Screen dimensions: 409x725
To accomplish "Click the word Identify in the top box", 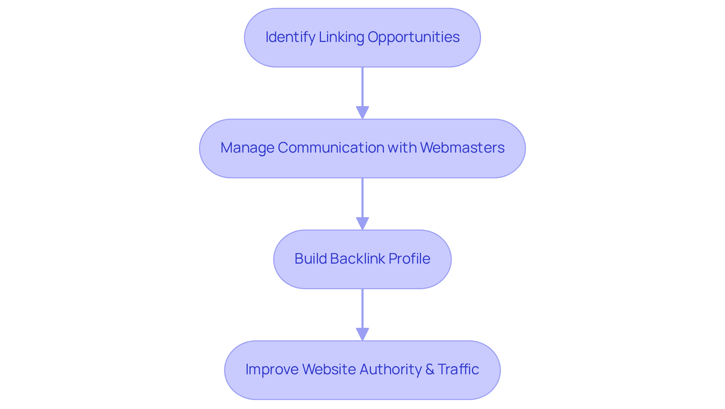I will pyautogui.click(x=290, y=37).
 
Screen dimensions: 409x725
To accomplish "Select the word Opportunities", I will pyautogui.click(x=413, y=37).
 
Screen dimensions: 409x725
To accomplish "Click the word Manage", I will pyautogui.click(x=247, y=148).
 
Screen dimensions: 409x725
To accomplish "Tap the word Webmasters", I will pyautogui.click(x=462, y=148).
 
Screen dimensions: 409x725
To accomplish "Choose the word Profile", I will pyautogui.click(x=409, y=259).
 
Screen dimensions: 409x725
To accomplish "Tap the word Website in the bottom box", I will pyautogui.click(x=329, y=369).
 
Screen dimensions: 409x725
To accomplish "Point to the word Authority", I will pyautogui.click(x=390, y=369).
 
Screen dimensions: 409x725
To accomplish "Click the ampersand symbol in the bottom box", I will pyautogui.click(x=430, y=369).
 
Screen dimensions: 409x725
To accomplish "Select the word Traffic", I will pyautogui.click(x=458, y=369).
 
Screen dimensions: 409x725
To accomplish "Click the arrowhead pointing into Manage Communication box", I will pyautogui.click(x=362, y=113).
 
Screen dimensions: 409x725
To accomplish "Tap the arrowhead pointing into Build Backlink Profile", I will pyautogui.click(x=362, y=223).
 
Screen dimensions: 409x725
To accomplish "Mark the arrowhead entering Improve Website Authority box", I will pyautogui.click(x=362, y=334).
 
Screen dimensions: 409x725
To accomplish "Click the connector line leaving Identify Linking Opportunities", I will pyautogui.click(x=362, y=87).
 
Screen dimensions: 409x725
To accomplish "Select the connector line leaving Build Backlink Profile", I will pyautogui.click(x=362, y=308).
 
